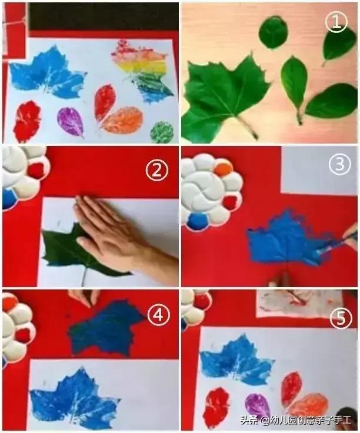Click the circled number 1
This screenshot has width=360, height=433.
336,22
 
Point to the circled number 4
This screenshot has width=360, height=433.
158,315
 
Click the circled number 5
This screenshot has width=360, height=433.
341,319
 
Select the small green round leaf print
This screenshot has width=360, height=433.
162,132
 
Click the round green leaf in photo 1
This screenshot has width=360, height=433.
274,32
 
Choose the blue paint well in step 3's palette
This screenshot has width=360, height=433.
198,222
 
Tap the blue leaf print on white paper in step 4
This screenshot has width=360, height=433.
74,398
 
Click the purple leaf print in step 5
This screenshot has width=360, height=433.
257,406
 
